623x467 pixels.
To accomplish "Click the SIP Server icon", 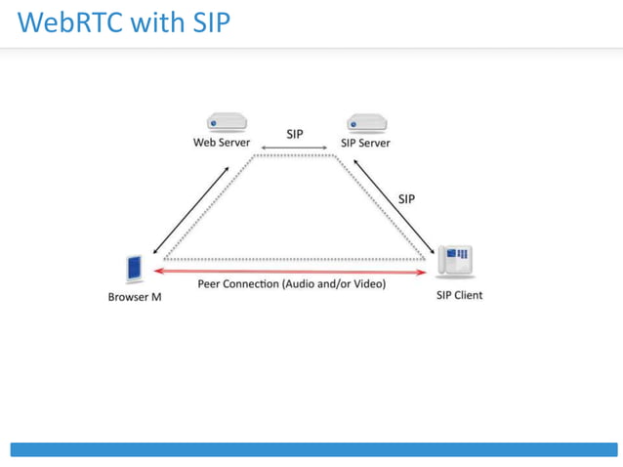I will pos(367,123).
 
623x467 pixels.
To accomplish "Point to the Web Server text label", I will pos(222,143).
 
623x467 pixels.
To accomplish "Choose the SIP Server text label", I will pos(365,143).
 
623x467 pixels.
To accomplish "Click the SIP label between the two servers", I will pos(295,134).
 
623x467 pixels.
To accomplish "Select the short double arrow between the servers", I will pos(295,149).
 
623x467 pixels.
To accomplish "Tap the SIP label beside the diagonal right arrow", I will pos(406,198).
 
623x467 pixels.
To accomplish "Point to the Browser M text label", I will pos(135,297).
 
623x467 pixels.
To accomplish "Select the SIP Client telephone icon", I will pos(457,261).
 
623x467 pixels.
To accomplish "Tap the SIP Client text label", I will pos(459,295).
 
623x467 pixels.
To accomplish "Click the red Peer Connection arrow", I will pos(293,272).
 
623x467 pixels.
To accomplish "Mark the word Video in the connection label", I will pos(369,284).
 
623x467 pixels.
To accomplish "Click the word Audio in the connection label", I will pos(303,284).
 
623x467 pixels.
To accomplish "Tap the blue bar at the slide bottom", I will pos(312,449).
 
